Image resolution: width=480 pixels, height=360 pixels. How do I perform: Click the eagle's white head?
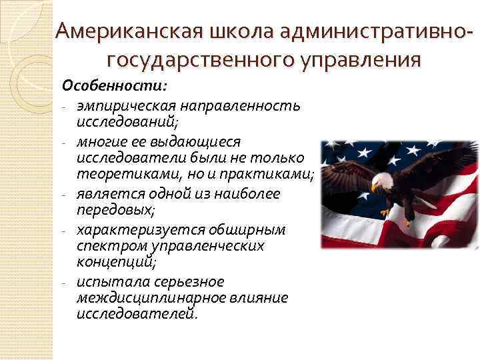click(x=382, y=180)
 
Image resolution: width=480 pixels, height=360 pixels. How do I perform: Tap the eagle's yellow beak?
click(x=375, y=187)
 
